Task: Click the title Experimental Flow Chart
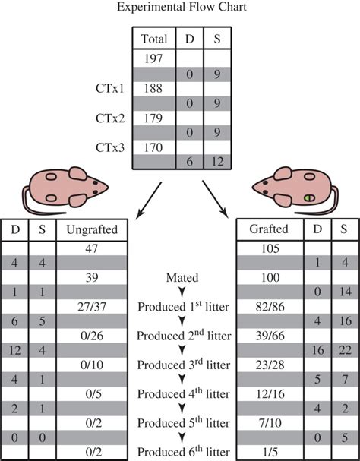pos(179,10)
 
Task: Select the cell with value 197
pos(153,58)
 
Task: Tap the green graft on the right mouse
pos(310,197)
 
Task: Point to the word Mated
pos(180,279)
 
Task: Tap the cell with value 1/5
pos(270,449)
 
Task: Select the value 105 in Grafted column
pos(270,249)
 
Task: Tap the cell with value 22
pos(345,349)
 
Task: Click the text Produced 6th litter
pos(180,449)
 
